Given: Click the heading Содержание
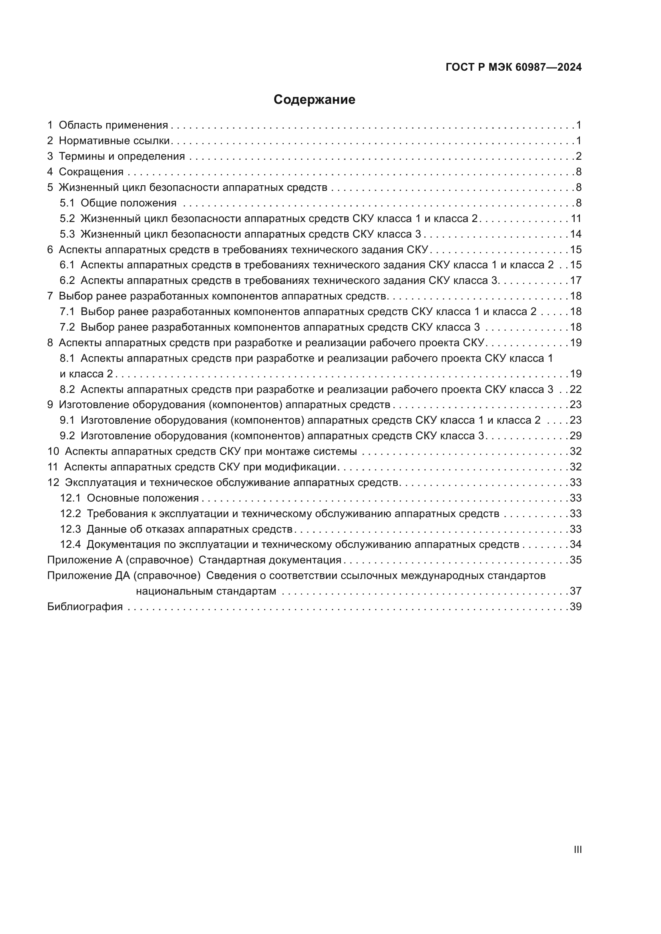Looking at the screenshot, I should pyautogui.click(x=314, y=100).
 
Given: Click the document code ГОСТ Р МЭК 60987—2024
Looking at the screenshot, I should pyautogui.click(x=513, y=67).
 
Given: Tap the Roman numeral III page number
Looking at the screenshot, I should pyautogui.click(x=577, y=849).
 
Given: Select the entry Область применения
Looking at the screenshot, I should pyautogui.click(x=113, y=125).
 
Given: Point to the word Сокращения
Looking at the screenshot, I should pyautogui.click(x=91, y=172).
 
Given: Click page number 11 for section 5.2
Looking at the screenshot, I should pyautogui.click(x=575, y=219).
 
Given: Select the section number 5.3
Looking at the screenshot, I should pyautogui.click(x=67, y=234).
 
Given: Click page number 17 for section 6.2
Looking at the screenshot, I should pyautogui.click(x=575, y=281).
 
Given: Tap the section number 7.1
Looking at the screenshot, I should pyautogui.click(x=67, y=312).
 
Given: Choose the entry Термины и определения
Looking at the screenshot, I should pyautogui.click(x=122, y=157).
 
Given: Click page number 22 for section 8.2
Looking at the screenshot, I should pyautogui.click(x=575, y=390).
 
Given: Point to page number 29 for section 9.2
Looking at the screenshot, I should pyautogui.click(x=575, y=436).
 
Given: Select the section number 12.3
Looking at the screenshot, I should pyautogui.click(x=70, y=529).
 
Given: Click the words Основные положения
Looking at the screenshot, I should pyautogui.click(x=142, y=498).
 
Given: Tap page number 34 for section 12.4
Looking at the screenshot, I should pyautogui.click(x=575, y=545).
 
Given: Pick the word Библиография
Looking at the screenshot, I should pyautogui.click(x=85, y=607).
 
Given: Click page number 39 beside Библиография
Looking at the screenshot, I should pyautogui.click(x=575, y=607).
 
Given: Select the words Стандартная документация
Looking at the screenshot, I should pyautogui.click(x=269, y=560).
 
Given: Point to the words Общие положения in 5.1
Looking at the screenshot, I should pyautogui.click(x=128, y=203).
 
